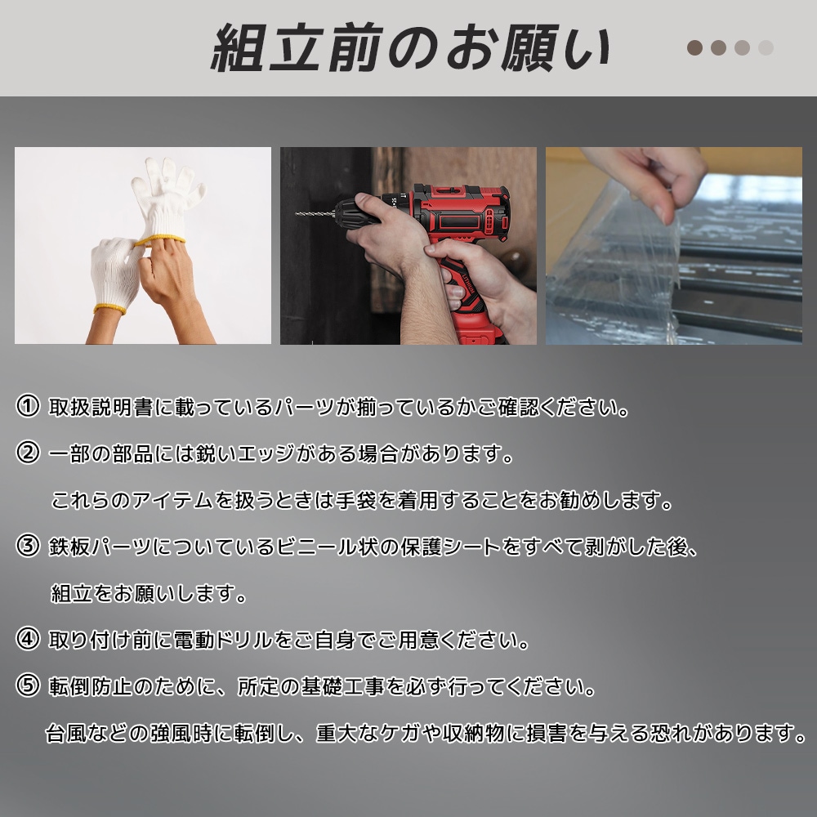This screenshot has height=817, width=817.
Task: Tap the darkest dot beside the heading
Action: (x=695, y=47)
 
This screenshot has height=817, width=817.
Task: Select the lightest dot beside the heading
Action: (x=766, y=47)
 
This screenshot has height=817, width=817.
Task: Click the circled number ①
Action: (x=28, y=406)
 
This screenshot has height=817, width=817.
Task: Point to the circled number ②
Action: (x=28, y=453)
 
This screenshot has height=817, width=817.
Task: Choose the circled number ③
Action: (x=28, y=546)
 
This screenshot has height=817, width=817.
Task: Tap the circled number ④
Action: (x=28, y=639)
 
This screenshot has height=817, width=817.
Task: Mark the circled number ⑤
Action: (x=28, y=685)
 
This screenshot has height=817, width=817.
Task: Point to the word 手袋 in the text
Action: (x=356, y=500)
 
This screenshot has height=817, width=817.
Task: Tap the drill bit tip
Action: (x=298, y=213)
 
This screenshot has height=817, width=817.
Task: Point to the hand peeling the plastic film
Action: (x=662, y=176)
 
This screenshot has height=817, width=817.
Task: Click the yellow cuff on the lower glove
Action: (x=109, y=308)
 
